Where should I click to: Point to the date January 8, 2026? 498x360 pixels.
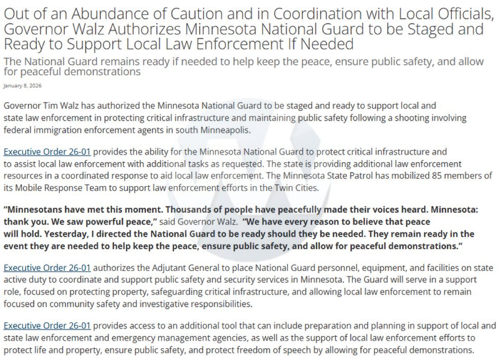[22, 86]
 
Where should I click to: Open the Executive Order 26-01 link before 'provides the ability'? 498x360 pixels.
[47, 152]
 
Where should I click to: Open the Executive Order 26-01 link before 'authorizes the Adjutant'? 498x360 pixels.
[47, 268]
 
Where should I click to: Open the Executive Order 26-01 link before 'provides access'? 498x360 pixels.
[47, 326]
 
